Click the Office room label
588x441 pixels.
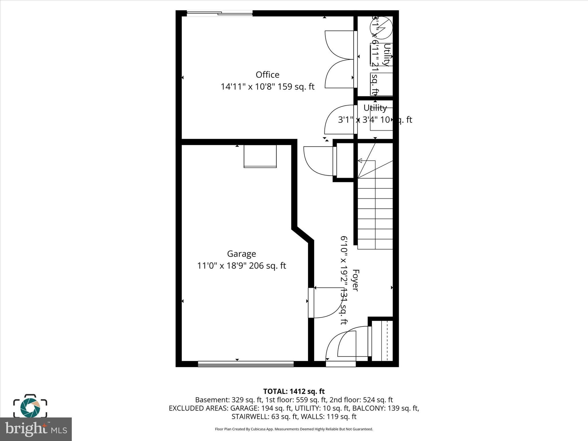(x=267, y=75)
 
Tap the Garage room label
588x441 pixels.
(x=241, y=254)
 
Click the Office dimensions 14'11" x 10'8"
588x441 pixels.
(x=267, y=87)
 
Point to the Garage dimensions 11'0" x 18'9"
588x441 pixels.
(x=241, y=266)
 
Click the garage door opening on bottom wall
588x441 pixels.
(x=246, y=364)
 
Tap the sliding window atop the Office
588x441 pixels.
(x=220, y=13)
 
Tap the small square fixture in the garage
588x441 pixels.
(x=260, y=156)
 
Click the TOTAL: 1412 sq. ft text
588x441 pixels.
(x=294, y=391)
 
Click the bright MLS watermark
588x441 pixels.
(x=36, y=429)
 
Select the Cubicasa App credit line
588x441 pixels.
(x=294, y=429)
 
